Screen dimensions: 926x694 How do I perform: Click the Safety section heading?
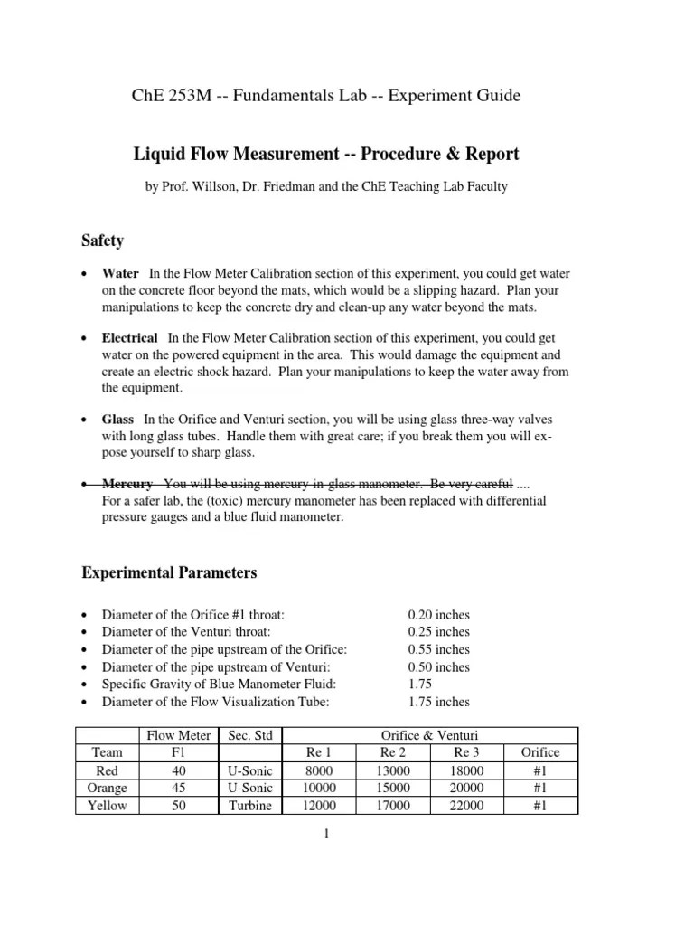click(103, 241)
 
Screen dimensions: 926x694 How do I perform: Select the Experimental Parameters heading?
click(170, 572)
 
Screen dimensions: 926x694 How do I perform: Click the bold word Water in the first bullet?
click(120, 273)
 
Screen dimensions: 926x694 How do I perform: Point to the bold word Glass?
click(117, 420)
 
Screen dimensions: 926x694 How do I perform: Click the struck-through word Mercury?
click(127, 483)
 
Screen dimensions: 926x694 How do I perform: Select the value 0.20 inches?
click(438, 614)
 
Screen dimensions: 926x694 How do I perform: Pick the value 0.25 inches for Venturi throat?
click(438, 631)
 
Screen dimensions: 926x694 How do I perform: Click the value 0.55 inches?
click(438, 649)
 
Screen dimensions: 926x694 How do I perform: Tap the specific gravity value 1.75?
click(421, 684)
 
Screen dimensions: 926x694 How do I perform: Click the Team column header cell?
click(108, 752)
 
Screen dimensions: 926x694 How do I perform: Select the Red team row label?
click(108, 770)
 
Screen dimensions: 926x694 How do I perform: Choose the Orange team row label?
click(108, 788)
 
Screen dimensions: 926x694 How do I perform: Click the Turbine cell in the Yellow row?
click(249, 806)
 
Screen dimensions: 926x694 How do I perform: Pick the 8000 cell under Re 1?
click(319, 770)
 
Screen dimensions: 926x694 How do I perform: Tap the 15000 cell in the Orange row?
click(393, 788)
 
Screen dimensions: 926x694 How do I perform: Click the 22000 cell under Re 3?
click(467, 806)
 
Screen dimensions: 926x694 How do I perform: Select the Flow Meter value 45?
click(179, 788)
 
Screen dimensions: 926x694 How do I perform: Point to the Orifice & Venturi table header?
click(393, 734)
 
